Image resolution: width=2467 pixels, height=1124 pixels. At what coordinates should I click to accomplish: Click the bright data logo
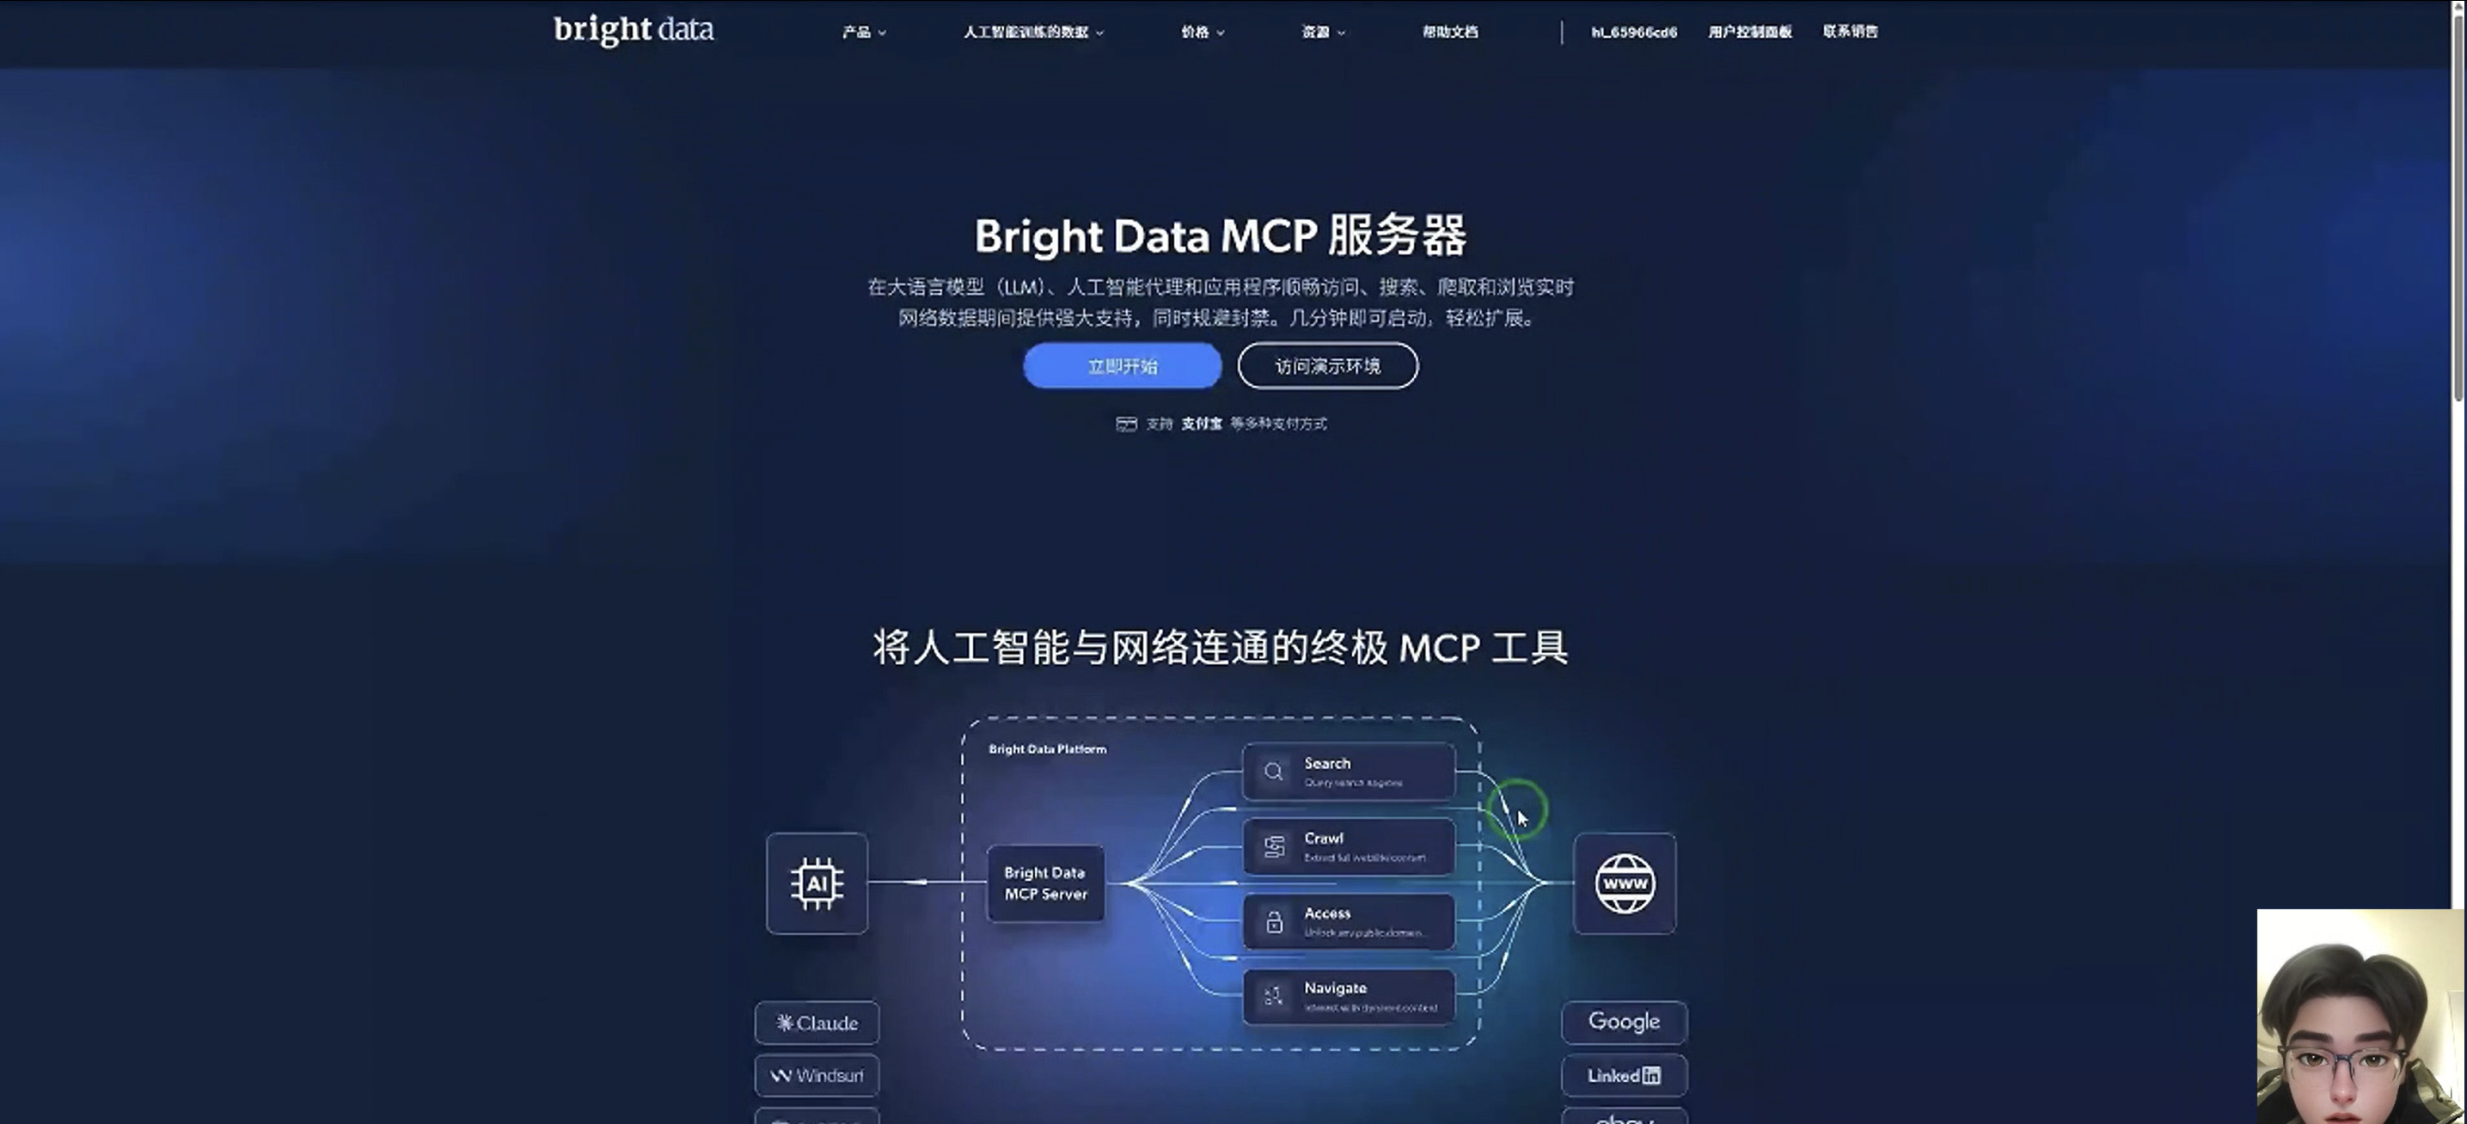[633, 30]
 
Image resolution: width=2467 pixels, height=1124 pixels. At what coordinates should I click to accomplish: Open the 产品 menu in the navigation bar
[863, 32]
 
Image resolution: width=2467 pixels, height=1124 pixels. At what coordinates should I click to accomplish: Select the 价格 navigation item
[1201, 32]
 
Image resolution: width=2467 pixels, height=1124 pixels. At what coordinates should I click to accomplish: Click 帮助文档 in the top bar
[1449, 32]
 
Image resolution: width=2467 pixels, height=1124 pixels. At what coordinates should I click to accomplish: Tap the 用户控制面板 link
[1748, 32]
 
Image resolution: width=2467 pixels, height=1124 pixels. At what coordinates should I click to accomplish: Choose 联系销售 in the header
[1849, 32]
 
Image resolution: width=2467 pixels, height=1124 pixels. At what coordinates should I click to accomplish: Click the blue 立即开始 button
[1122, 366]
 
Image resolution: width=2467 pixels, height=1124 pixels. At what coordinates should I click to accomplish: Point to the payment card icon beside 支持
[1125, 425]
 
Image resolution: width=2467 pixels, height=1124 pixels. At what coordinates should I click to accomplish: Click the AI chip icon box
[816, 883]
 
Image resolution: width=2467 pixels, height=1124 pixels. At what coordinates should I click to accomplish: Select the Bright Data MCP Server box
[1045, 883]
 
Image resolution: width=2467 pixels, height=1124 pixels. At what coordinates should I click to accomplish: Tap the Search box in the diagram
[1348, 771]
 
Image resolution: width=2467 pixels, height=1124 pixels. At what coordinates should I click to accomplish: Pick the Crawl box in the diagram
[1348, 846]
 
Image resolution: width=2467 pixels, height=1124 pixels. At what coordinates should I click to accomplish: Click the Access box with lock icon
[1348, 921]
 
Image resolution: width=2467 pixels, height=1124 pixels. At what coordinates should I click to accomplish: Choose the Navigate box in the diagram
[1348, 996]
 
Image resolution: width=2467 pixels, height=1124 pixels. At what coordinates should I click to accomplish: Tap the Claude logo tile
[816, 1023]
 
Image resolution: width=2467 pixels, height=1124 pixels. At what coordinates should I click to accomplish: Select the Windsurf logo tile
[816, 1075]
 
